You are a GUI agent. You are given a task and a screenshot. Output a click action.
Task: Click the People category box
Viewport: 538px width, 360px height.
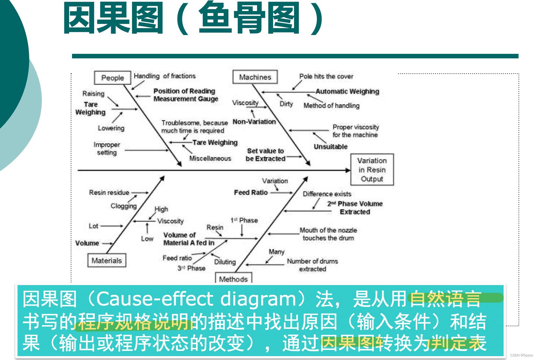112,78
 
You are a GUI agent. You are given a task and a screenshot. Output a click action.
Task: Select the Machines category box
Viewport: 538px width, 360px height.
255,77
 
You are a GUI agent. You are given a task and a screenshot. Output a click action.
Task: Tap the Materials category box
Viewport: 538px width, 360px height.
106,260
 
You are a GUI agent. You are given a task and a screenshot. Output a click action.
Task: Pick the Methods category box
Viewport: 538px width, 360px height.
233,279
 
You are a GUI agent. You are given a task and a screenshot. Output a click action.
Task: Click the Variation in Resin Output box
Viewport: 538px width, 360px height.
372,170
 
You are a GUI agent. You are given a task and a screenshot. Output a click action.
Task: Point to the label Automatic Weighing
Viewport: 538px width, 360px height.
347,91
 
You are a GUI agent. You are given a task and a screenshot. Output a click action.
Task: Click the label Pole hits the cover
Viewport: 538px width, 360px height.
326,77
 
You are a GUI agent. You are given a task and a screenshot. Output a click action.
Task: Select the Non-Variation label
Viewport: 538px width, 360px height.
254,122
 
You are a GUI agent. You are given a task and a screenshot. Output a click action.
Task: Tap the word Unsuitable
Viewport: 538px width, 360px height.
330,147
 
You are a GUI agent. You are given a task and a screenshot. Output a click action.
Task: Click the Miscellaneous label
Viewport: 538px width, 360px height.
210,158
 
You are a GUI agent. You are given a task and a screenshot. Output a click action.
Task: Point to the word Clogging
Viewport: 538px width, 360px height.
124,206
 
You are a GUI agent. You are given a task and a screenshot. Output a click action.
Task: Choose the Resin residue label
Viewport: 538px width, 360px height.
109,193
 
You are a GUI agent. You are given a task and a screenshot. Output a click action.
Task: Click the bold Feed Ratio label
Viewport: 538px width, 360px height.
251,193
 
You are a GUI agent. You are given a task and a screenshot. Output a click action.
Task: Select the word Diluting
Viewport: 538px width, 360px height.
225,262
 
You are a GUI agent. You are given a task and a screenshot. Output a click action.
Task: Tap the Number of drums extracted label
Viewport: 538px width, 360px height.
312,265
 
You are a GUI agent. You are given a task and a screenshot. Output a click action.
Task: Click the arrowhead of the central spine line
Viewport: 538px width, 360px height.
348,170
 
